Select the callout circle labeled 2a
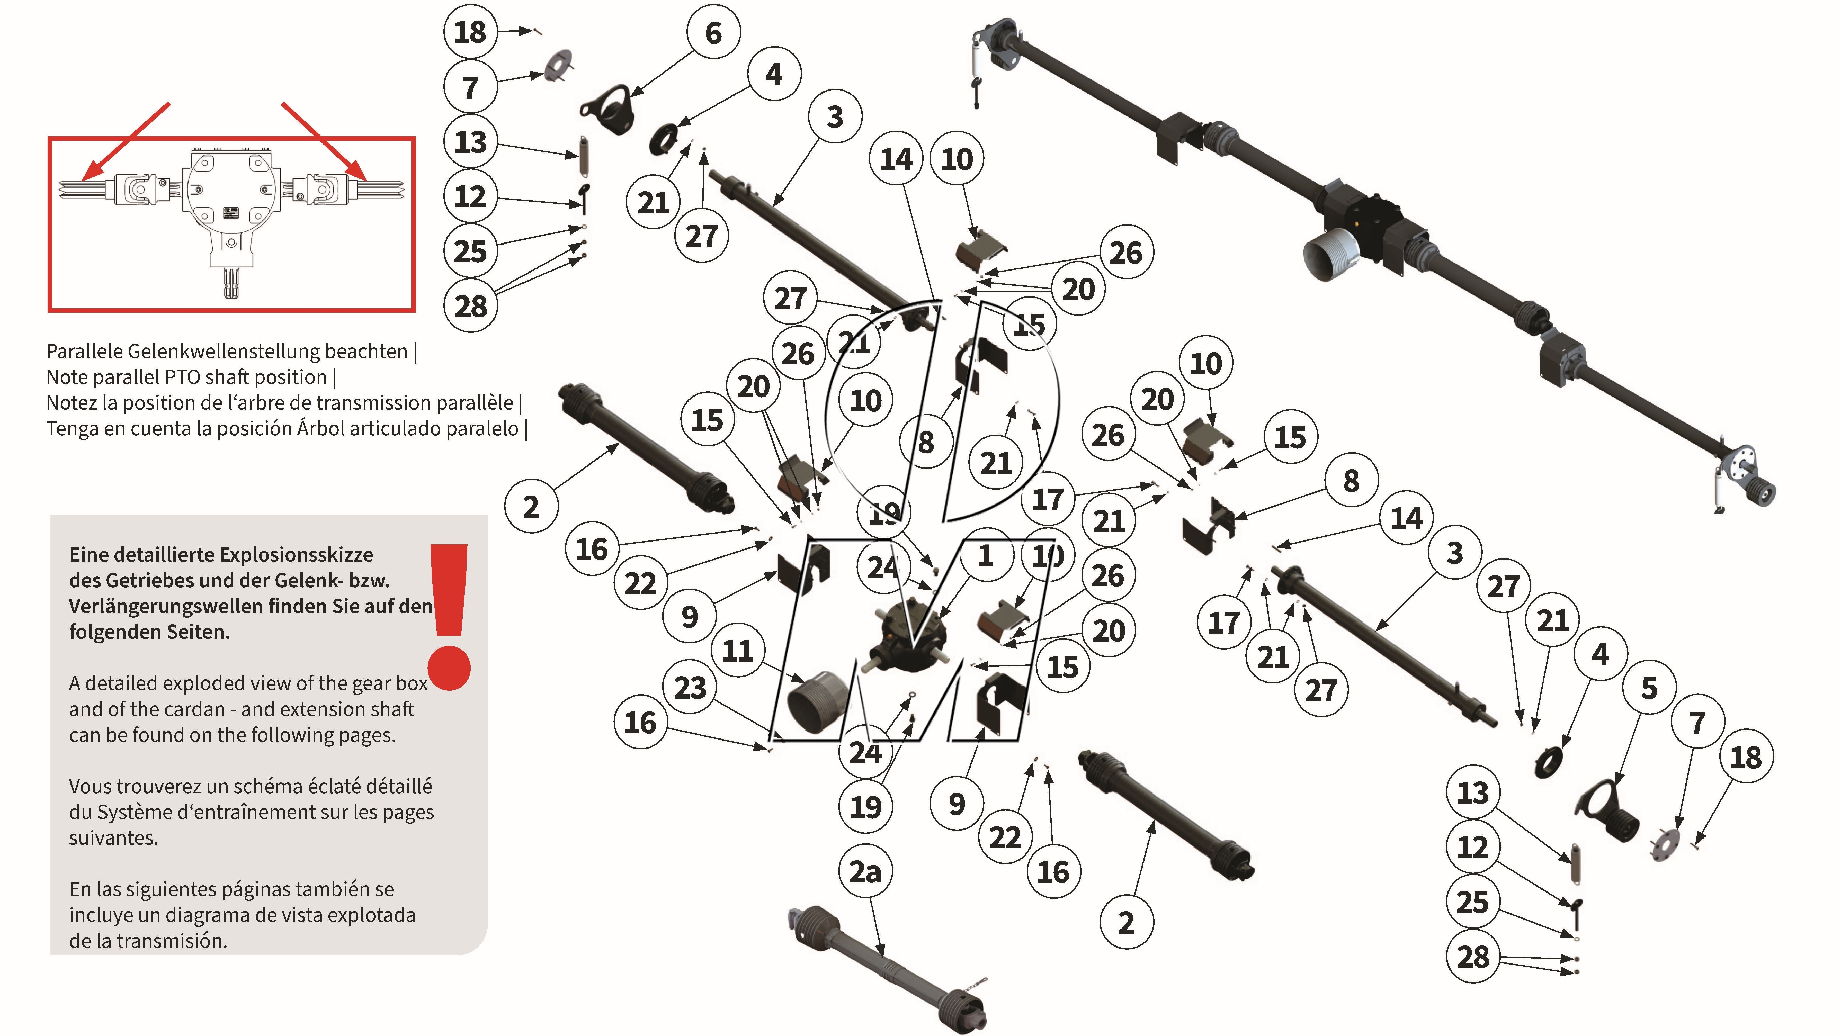point(865,872)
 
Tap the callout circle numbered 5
point(1648,688)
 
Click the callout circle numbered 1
point(985,555)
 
